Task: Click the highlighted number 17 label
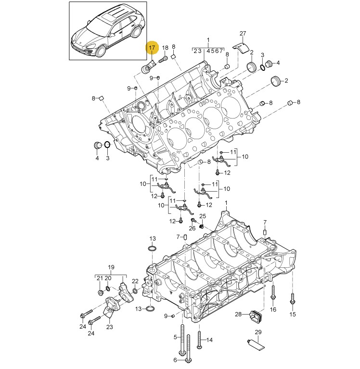(x=152, y=48)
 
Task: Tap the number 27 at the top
(x=243, y=33)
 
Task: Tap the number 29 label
(x=258, y=332)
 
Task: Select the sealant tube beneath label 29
(x=256, y=343)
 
